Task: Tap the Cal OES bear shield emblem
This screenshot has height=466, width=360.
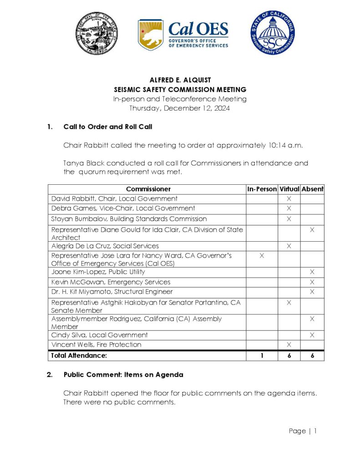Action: (151, 35)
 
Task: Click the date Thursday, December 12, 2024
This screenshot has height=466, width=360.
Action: (180, 108)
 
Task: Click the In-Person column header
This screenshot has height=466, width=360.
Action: (262, 189)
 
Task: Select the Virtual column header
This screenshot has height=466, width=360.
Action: (289, 189)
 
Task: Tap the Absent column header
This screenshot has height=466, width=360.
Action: (312, 189)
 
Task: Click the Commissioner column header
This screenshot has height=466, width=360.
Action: (148, 189)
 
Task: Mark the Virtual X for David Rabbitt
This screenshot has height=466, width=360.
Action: (289, 199)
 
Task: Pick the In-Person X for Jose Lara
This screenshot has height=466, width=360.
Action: (262, 256)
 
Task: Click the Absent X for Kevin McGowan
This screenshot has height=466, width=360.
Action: (312, 282)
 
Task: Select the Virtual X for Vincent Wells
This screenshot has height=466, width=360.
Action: (289, 345)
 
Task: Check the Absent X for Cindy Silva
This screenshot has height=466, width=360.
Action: (312, 335)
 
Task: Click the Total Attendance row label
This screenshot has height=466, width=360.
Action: (79, 356)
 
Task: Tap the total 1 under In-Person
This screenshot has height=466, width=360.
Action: (262, 356)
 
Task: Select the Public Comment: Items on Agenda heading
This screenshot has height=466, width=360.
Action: (123, 375)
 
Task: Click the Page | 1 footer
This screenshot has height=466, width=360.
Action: (303, 431)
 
